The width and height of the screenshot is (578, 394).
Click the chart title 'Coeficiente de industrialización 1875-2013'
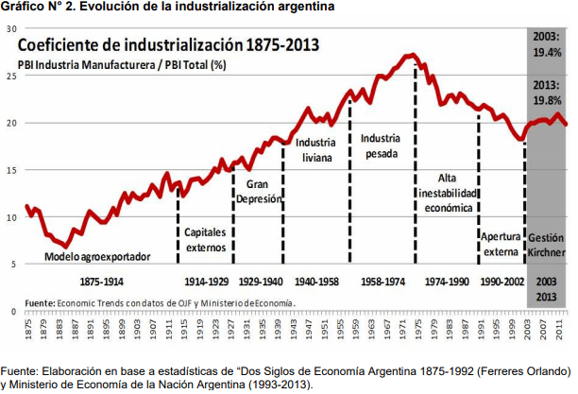[x=167, y=44]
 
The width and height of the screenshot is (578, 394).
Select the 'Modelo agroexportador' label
[x=97, y=257]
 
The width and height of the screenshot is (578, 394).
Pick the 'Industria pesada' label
[x=380, y=146]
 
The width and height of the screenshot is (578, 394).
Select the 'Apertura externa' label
[x=501, y=244]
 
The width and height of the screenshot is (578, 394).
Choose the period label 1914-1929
[x=206, y=282]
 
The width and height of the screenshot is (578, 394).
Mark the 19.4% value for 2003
[x=547, y=52]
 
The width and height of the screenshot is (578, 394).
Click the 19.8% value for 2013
[x=547, y=99]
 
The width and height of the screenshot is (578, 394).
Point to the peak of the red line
[x=412, y=56]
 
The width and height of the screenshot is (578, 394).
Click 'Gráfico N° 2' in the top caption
[x=33, y=9]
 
